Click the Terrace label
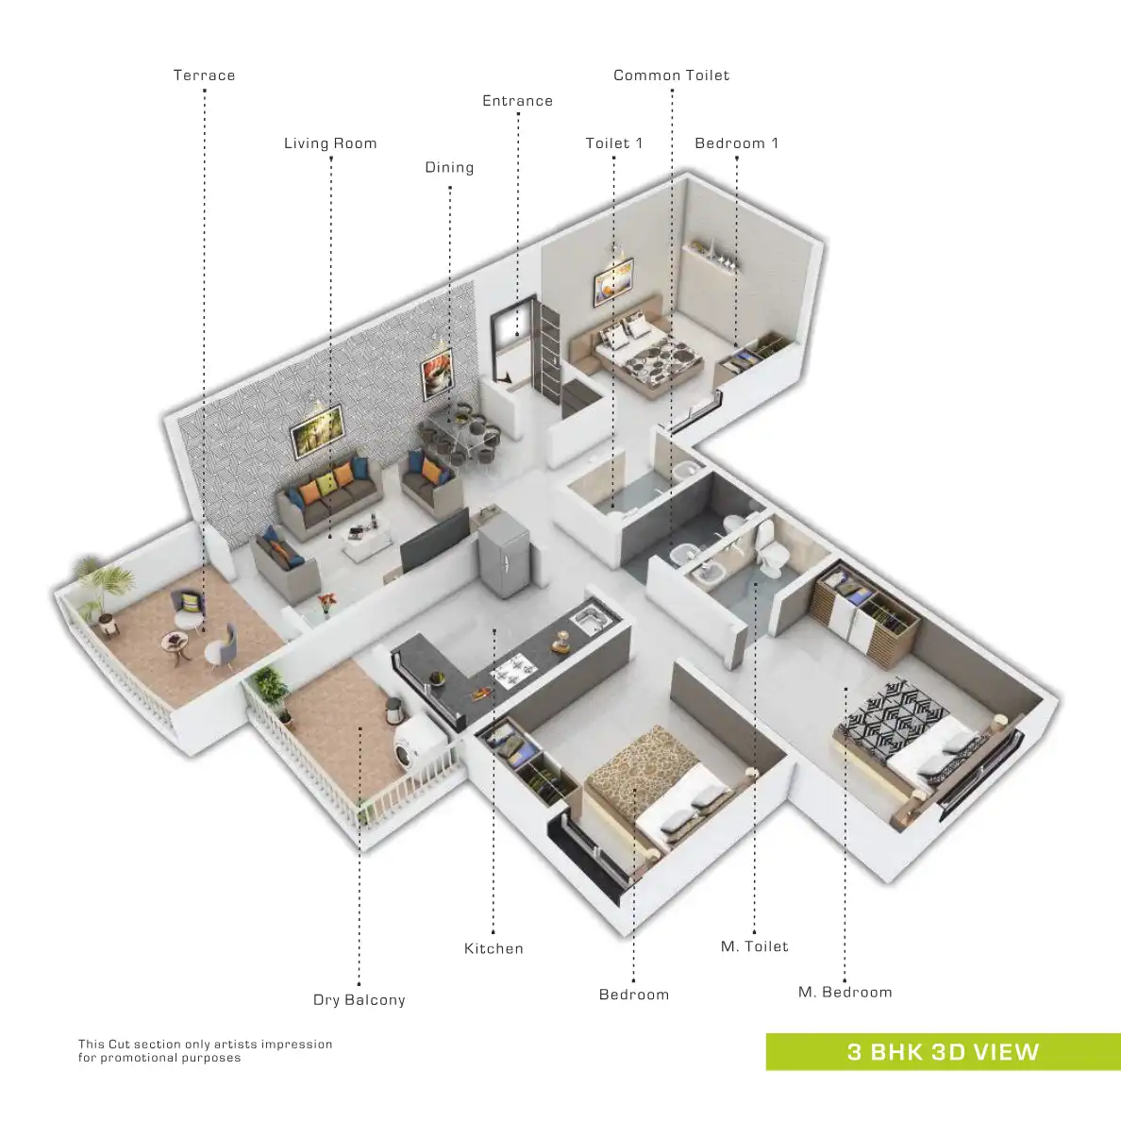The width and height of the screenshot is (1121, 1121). pyautogui.click(x=204, y=75)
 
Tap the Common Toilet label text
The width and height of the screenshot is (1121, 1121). pyautogui.click(x=671, y=75)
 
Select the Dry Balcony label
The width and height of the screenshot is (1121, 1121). pyautogui.click(x=359, y=1000)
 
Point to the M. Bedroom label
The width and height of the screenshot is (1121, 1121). pyautogui.click(x=845, y=992)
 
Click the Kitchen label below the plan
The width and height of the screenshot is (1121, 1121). pyautogui.click(x=494, y=948)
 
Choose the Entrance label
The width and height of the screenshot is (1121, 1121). pyautogui.click(x=517, y=101)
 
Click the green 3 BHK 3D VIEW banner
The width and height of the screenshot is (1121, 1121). pyautogui.click(x=943, y=1052)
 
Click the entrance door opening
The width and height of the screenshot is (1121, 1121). pyautogui.click(x=510, y=330)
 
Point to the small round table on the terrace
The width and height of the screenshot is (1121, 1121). pyautogui.click(x=176, y=643)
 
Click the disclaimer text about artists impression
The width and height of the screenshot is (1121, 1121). pyautogui.click(x=205, y=1051)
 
